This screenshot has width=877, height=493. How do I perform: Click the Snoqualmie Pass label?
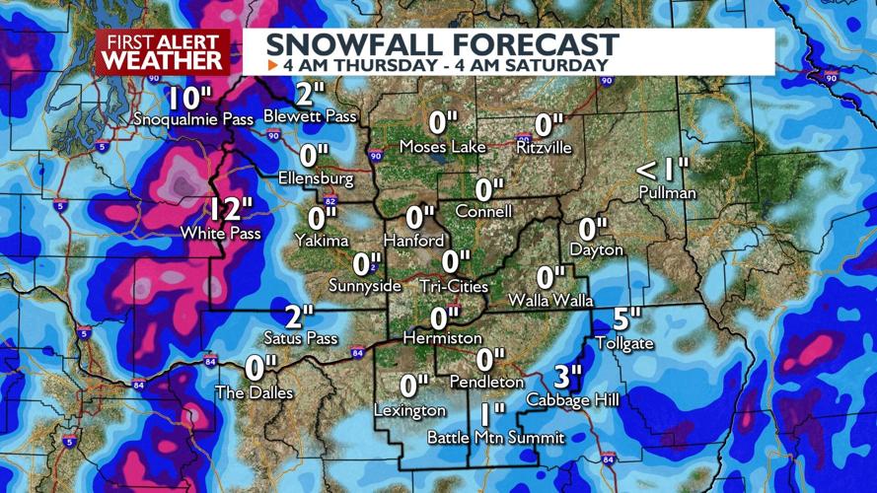194,119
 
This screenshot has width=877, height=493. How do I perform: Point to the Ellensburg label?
316,179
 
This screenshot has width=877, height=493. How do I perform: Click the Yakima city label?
322,241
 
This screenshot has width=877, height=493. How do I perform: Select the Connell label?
483,212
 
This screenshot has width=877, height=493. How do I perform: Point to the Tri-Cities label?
454,286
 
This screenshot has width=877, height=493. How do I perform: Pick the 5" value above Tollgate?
626,319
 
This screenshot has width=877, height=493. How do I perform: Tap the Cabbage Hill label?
573,400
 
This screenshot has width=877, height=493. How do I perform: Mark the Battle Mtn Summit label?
495,437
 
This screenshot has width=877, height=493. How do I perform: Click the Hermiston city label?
443,338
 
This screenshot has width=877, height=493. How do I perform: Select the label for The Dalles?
255,392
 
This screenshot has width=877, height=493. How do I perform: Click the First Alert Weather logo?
163,51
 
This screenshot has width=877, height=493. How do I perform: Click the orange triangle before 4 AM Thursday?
273,65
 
